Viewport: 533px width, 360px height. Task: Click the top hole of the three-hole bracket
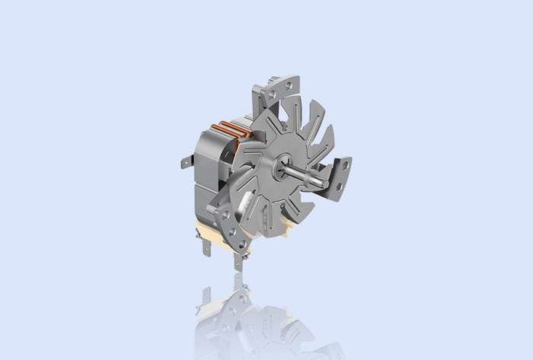pyautogui.click(x=225, y=215)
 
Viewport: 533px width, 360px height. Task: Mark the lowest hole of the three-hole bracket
pyautogui.click(x=241, y=244)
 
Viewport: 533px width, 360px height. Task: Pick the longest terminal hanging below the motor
pyautogui.click(x=238, y=261)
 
